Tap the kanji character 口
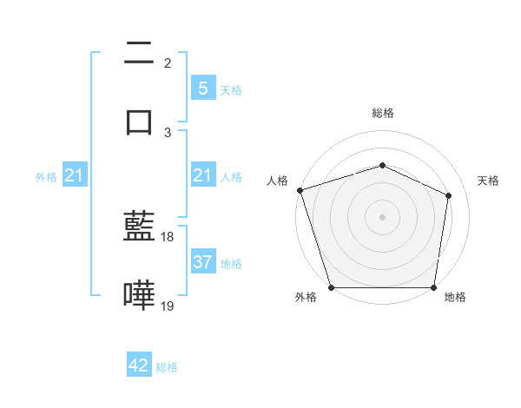140,121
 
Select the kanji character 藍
140,227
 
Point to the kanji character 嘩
140,295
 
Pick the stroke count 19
168,305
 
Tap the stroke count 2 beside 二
168,63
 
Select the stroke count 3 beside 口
168,131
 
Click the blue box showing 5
202,89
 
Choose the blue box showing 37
202,262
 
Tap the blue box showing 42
139,365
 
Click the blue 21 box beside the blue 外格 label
74,176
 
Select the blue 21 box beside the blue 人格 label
202,176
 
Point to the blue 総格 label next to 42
167,367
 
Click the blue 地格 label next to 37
231,263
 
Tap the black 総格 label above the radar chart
382,113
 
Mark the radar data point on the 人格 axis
300,190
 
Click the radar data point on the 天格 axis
449,195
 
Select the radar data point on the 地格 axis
433,287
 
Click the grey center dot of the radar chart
382,217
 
